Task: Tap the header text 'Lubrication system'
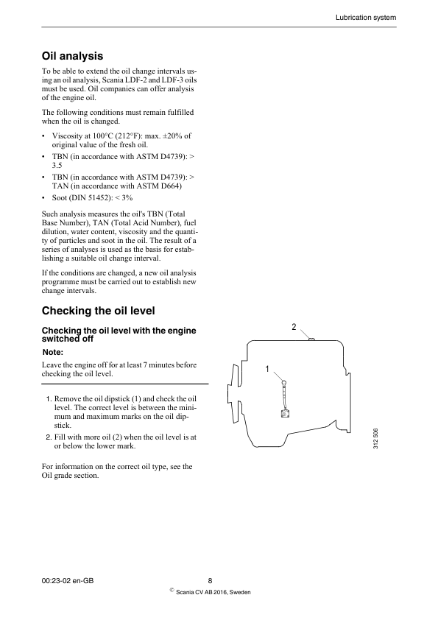(x=366, y=16)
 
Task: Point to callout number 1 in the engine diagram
(x=268, y=367)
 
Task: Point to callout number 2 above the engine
(x=294, y=326)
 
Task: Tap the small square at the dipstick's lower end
(x=284, y=414)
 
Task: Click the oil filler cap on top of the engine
(x=311, y=339)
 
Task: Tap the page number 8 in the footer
(x=211, y=581)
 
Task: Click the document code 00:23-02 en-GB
(x=68, y=581)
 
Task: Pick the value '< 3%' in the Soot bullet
(x=122, y=198)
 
